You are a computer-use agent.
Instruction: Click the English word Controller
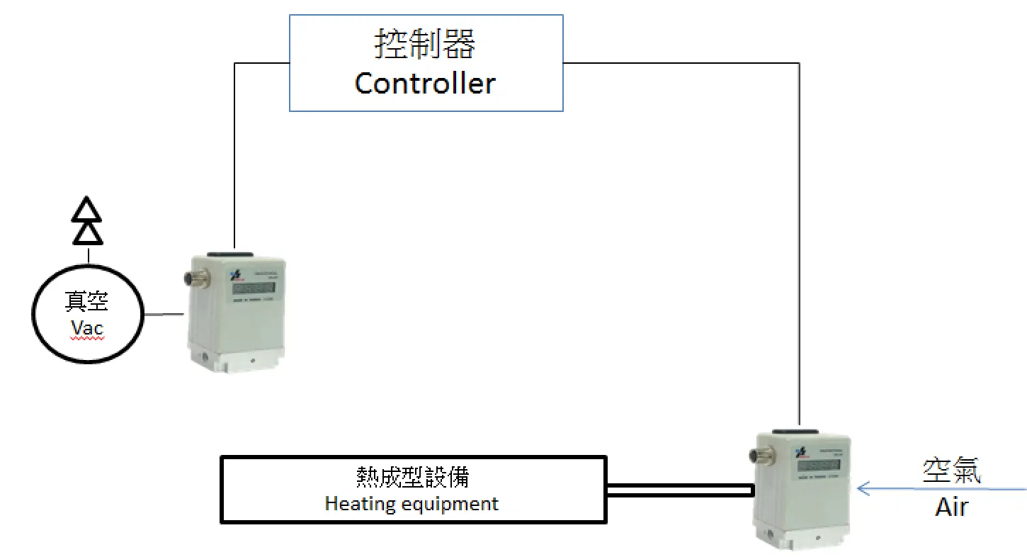click(x=425, y=84)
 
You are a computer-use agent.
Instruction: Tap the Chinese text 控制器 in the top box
click(x=425, y=45)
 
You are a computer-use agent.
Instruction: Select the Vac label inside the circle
click(x=87, y=328)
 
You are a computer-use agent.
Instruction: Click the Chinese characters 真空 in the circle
click(x=87, y=301)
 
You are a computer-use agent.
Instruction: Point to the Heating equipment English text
click(x=412, y=504)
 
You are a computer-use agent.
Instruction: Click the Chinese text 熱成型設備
click(x=412, y=477)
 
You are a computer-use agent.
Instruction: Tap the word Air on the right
click(x=951, y=507)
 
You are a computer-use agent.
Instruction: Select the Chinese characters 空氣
click(x=951, y=471)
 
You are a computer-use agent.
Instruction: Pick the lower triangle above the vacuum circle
click(x=88, y=232)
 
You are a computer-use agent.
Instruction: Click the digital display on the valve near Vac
click(x=254, y=288)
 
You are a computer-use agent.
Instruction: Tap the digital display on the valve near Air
click(x=819, y=466)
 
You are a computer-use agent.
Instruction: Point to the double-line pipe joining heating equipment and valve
click(x=679, y=490)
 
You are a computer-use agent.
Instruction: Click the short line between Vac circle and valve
click(x=165, y=315)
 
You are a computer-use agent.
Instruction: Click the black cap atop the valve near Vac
click(x=234, y=252)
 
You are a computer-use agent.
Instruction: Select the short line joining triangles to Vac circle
click(x=88, y=254)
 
